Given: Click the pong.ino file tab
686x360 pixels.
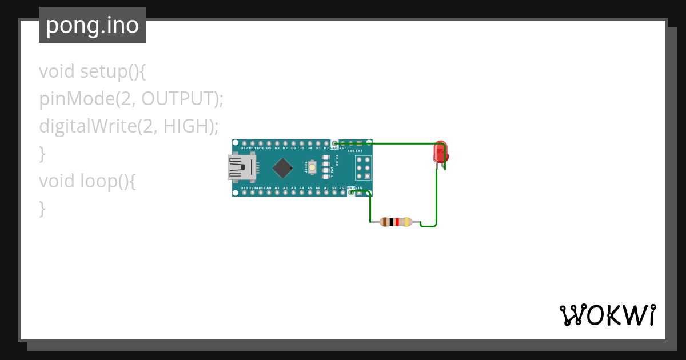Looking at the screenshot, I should [92, 25].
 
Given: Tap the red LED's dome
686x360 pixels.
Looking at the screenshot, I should [440, 151].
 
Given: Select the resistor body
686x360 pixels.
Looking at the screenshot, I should [396, 222].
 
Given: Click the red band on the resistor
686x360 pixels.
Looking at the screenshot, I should [397, 222].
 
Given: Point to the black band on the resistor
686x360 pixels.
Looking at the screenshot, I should [391, 222].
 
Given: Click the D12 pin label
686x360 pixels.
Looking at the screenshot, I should [244, 148].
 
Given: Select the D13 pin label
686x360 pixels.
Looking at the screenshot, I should [244, 187].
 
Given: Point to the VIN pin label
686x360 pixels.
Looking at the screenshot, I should [358, 187].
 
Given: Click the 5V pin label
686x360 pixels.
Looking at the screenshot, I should [334, 187].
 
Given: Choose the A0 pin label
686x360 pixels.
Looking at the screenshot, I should [268, 187].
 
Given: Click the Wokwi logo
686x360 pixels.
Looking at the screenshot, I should [608, 315].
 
